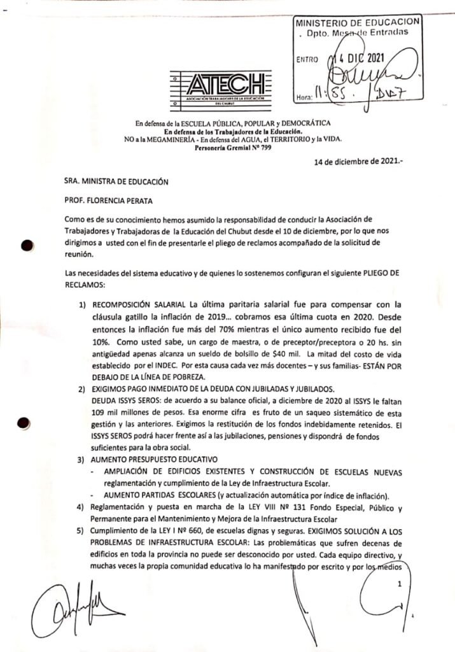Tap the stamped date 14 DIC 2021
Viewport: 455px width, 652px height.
(363, 59)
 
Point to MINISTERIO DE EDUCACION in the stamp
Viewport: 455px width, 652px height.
(356, 22)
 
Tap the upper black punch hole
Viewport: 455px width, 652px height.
(26, 247)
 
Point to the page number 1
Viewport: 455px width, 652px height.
(399, 584)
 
